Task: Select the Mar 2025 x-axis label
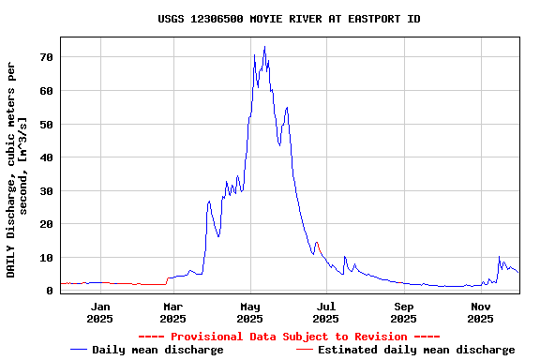tap(173, 312)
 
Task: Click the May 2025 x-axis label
tap(250, 312)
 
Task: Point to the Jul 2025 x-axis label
tap(326, 312)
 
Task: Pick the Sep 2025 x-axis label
tap(404, 312)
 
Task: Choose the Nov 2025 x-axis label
tap(480, 312)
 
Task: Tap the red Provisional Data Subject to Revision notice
tap(289, 337)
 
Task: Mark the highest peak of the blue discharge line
tap(264, 47)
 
